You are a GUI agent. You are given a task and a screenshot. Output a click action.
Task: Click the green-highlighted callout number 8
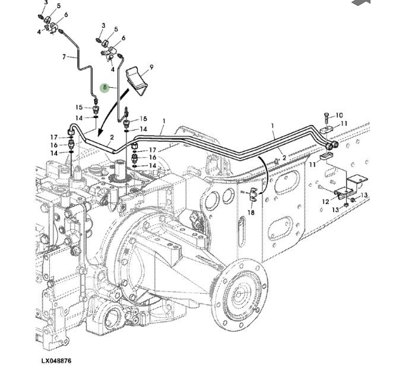tap(105, 88)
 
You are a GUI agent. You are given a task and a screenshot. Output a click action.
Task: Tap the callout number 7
tap(64, 57)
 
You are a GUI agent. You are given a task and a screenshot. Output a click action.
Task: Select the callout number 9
tap(151, 68)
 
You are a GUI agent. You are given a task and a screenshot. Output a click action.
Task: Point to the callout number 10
tap(340, 115)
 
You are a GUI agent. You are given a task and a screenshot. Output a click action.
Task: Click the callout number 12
tap(326, 202)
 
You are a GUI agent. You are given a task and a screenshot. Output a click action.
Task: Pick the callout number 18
tap(251, 212)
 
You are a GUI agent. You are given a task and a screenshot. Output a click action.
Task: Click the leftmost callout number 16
tap(53, 145)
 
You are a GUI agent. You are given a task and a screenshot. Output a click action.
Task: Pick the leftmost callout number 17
tap(53, 138)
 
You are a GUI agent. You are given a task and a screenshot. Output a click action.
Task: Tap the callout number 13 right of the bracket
tap(365, 195)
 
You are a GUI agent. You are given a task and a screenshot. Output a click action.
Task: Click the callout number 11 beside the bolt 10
tap(344, 123)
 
